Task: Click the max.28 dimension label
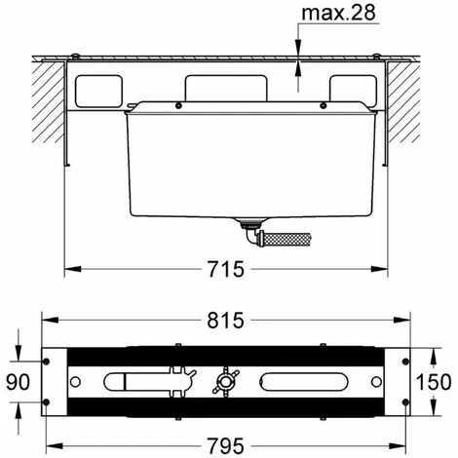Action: coord(338,13)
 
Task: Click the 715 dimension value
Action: coord(226,269)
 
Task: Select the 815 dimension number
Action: coord(225,321)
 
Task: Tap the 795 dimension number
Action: coord(226,445)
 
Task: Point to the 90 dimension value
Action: coord(19,382)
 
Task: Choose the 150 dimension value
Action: coord(434,382)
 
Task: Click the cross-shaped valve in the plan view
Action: coord(225,381)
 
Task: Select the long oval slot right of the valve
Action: coord(304,382)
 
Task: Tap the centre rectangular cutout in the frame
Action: coord(226,89)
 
